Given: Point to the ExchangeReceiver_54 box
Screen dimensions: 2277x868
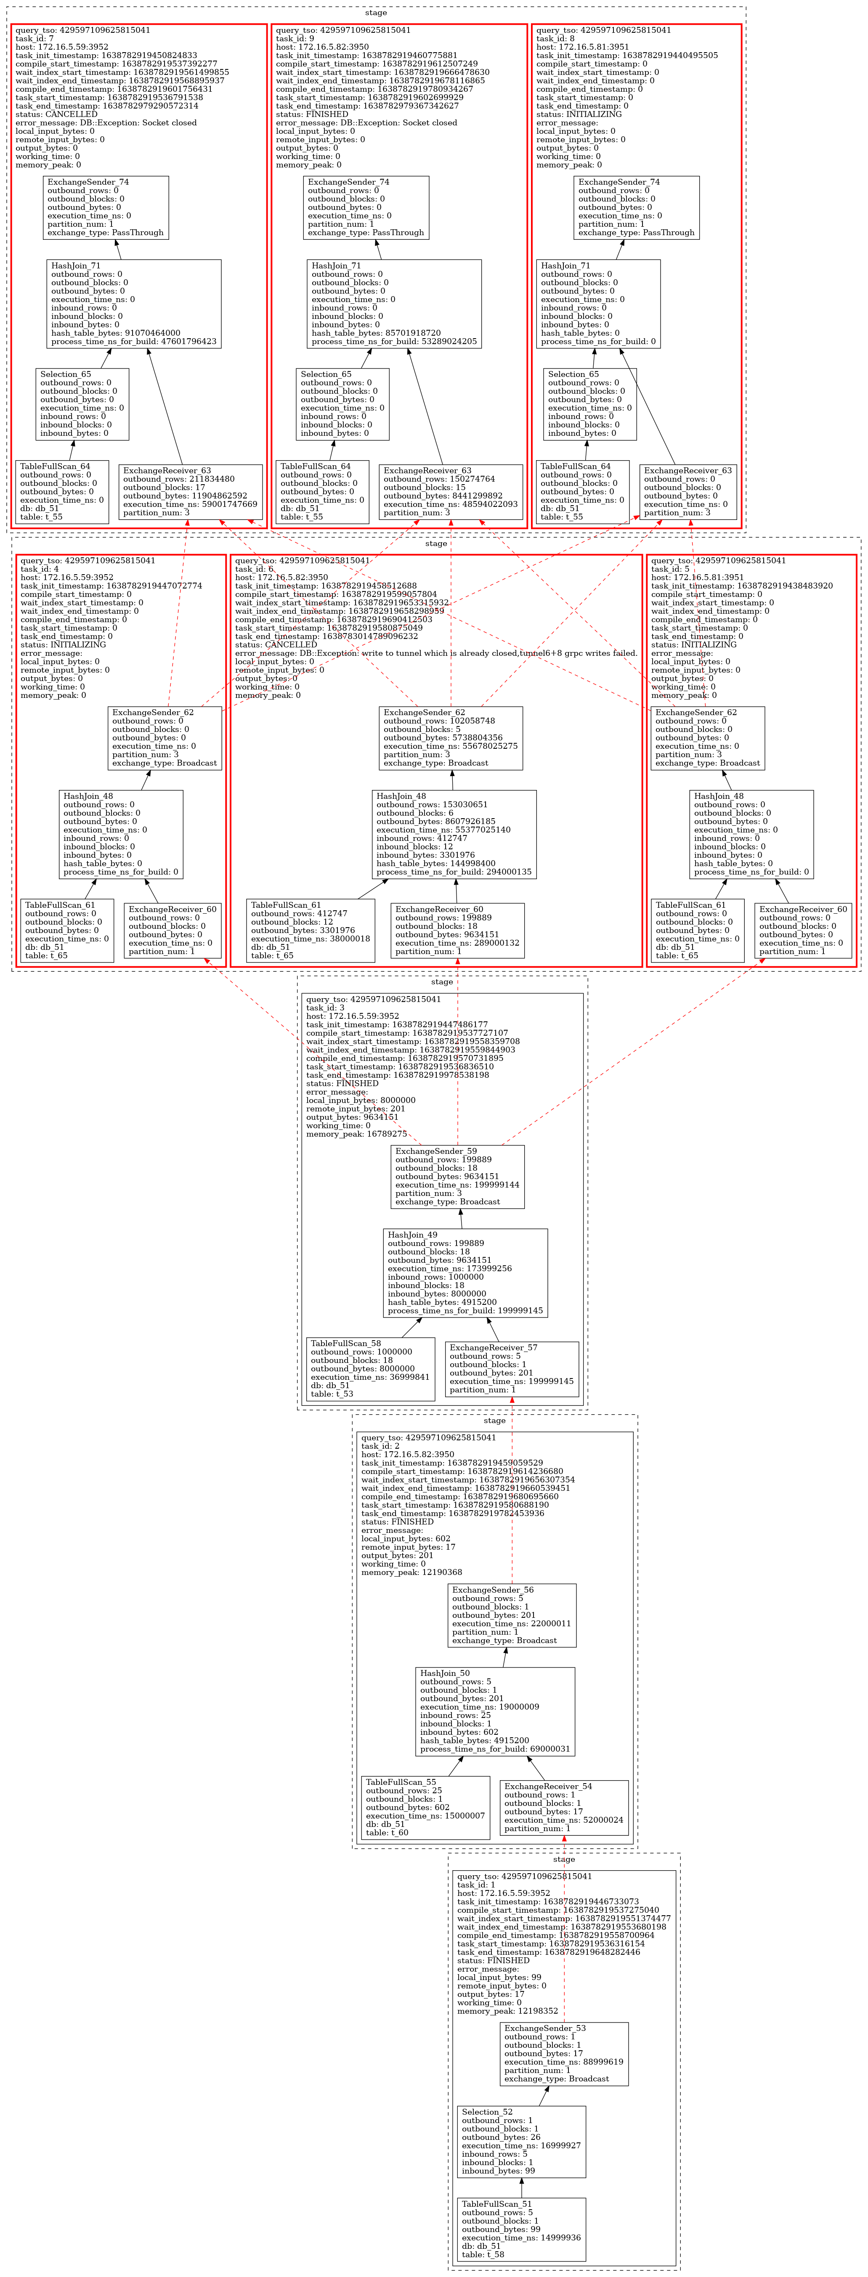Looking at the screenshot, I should click(564, 1807).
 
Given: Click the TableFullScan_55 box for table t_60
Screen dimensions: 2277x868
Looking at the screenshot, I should click(425, 1807).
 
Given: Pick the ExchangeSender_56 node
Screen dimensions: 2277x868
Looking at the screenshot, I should click(512, 1615).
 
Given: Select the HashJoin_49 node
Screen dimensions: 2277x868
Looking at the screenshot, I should click(465, 1273).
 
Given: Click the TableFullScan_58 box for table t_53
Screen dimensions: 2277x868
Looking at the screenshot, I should click(370, 1369).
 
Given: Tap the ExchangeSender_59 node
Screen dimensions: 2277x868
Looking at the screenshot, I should click(457, 1177).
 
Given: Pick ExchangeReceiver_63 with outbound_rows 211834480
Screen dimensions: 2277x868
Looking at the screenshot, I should click(190, 491).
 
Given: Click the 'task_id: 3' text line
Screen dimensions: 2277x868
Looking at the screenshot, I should click(332, 1008).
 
